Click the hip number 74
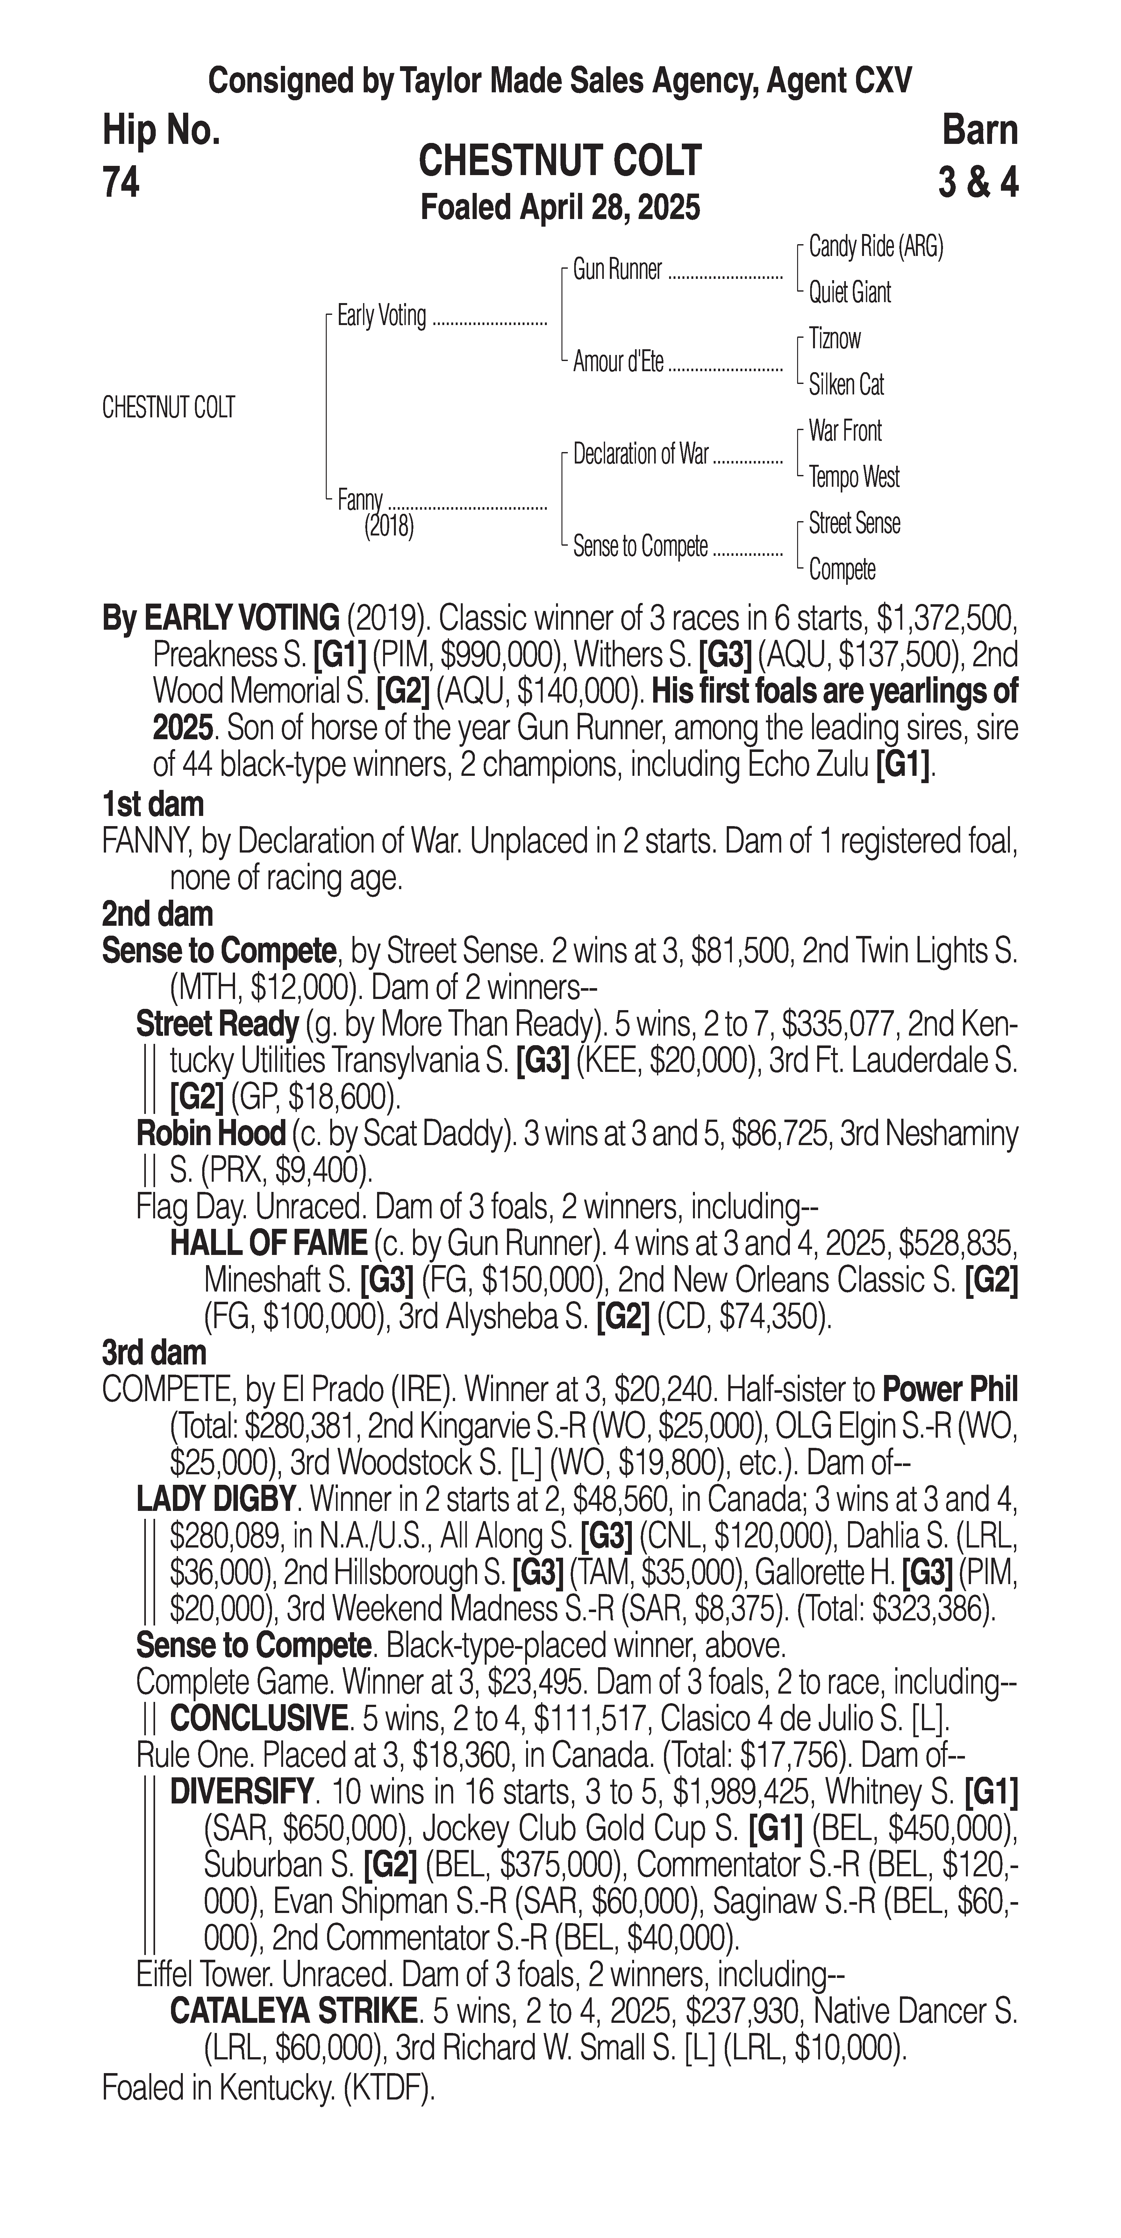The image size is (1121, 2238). pos(121,182)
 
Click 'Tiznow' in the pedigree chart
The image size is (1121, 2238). pos(834,339)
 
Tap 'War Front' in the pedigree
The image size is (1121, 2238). pos(845,431)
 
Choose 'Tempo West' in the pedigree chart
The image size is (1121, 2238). pos(853,477)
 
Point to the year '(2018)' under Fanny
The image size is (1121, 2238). pos(389,527)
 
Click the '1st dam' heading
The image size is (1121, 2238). pos(153,804)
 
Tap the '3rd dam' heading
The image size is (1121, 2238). pos(154,1353)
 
